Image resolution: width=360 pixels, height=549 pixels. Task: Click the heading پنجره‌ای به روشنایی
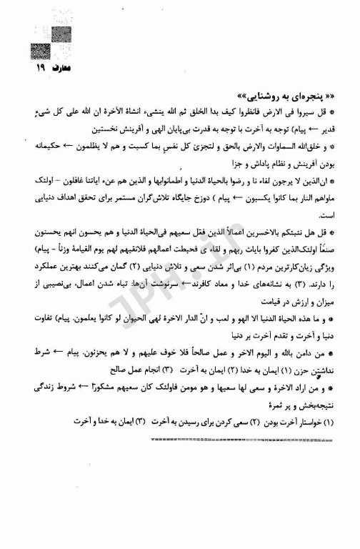(282, 97)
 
